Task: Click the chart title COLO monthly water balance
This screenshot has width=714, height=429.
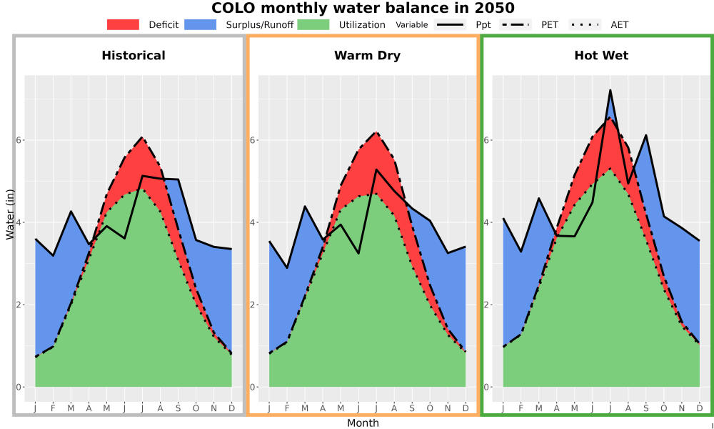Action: tap(363, 8)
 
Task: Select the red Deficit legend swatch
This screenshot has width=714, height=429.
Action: tap(123, 24)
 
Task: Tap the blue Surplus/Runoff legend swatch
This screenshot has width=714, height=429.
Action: tap(201, 24)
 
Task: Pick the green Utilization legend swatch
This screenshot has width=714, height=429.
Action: tap(313, 24)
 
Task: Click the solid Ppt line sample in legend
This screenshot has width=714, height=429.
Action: tap(450, 24)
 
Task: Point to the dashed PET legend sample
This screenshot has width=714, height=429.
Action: tap(516, 24)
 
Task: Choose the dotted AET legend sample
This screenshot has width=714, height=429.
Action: tap(585, 24)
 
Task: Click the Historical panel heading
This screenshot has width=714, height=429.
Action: tap(134, 56)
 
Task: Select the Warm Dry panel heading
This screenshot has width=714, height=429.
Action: tap(367, 56)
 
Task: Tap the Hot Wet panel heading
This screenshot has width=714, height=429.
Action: tap(601, 56)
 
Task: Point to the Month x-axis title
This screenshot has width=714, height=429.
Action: tap(363, 423)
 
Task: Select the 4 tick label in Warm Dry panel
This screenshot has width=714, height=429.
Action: tap(252, 222)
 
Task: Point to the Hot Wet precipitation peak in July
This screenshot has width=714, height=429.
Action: tap(610, 90)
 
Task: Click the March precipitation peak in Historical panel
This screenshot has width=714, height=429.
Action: tap(71, 211)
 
